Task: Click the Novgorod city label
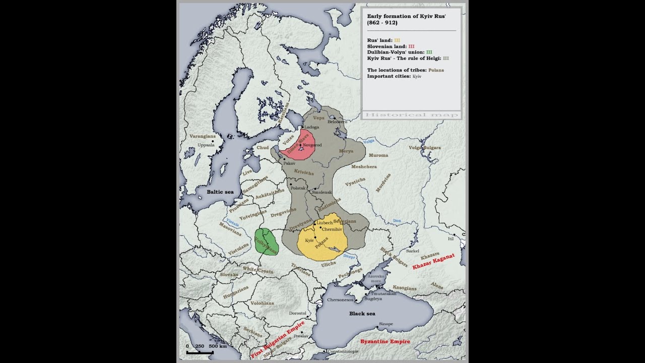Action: (312, 145)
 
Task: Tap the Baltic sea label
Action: (220, 192)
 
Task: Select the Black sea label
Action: (362, 314)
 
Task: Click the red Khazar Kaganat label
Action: (433, 261)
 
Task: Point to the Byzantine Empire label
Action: (385, 341)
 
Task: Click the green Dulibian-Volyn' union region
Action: (266, 242)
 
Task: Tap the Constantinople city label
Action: (343, 351)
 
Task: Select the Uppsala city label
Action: (206, 145)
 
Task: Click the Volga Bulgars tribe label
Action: (424, 148)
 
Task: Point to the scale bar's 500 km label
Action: (217, 346)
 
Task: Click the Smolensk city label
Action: (322, 193)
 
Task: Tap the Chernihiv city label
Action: (332, 229)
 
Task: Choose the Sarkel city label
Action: (412, 251)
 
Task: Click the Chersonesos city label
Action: (341, 299)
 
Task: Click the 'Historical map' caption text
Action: (411, 115)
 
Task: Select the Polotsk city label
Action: (298, 188)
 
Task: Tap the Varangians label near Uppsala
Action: (203, 136)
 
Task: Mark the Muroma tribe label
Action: (378, 155)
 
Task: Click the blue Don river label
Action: (397, 221)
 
